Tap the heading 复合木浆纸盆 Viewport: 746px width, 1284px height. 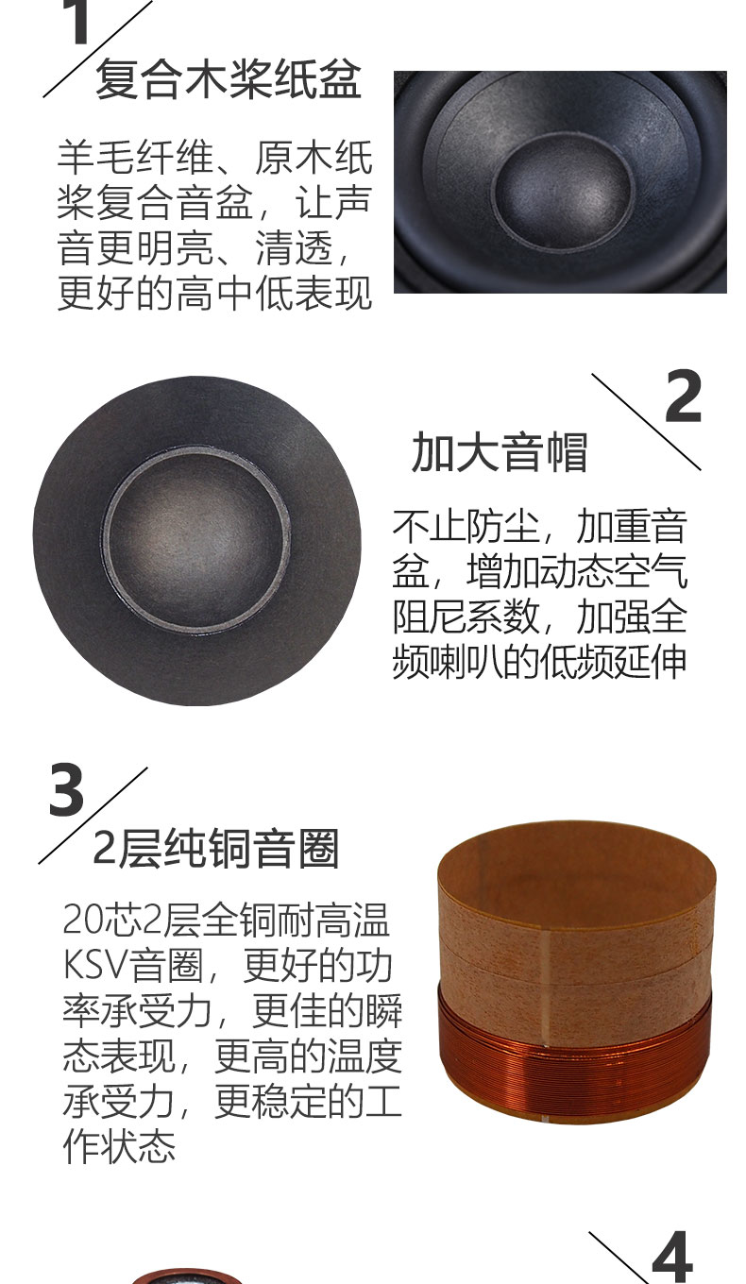(229, 79)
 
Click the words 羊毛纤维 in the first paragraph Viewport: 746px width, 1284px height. (135, 157)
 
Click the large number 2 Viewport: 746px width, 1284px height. (683, 397)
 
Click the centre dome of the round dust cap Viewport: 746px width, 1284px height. (196, 539)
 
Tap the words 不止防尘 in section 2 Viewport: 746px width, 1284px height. (466, 526)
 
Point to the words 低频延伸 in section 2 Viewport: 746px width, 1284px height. (613, 662)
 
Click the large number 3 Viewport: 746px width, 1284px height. (66, 789)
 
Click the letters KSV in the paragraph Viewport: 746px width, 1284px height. (94, 965)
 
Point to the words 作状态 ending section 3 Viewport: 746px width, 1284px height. (119, 1146)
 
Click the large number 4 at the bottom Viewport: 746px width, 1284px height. (672, 1257)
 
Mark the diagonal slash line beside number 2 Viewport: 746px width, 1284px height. (646, 422)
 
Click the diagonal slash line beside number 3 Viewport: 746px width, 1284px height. (93, 815)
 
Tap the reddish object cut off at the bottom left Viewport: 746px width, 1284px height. (186, 1276)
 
